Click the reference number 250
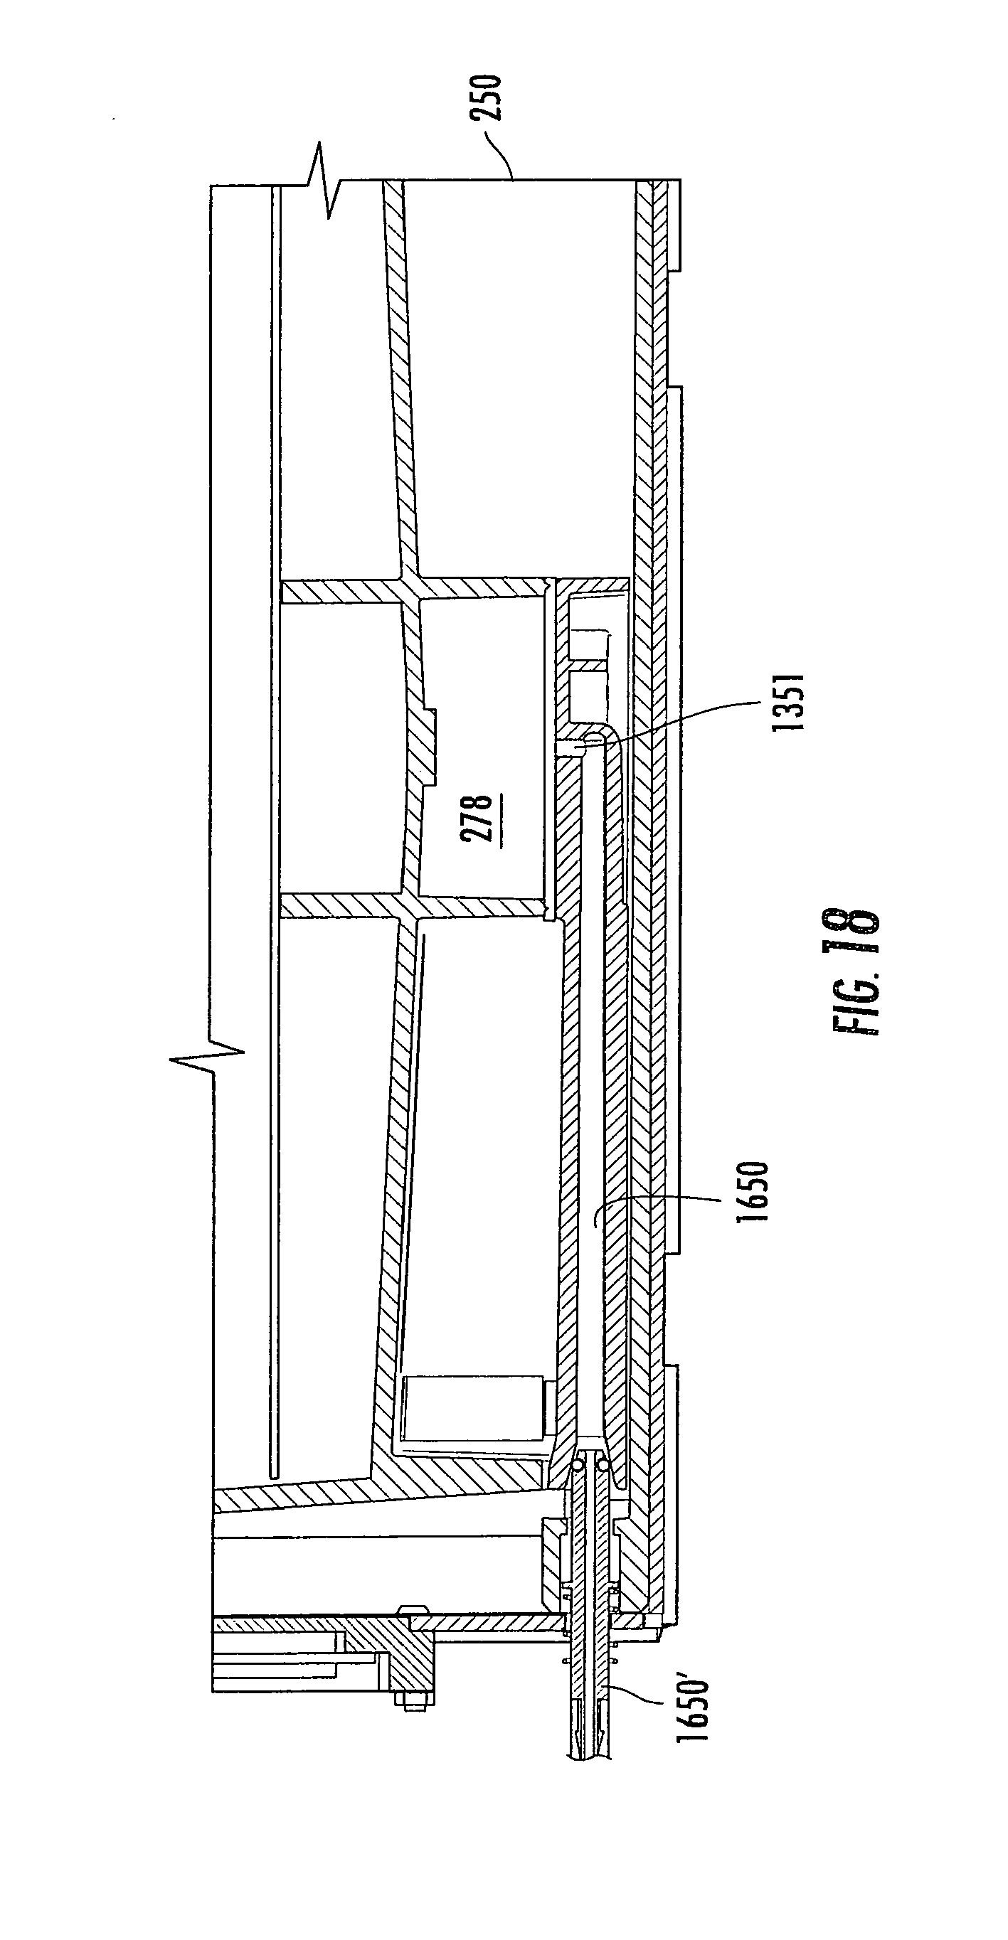(485, 98)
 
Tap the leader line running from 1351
(678, 711)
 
